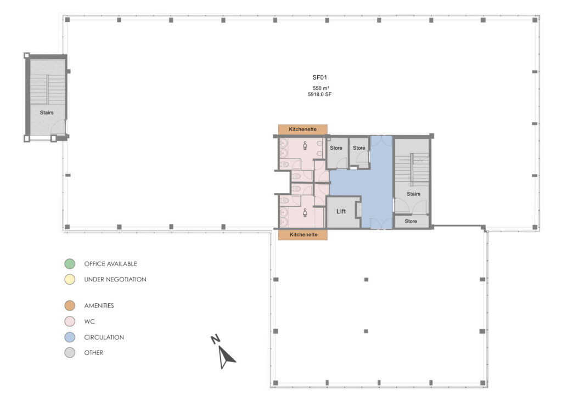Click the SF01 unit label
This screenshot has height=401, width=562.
click(x=320, y=78)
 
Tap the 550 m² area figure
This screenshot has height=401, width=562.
click(x=321, y=88)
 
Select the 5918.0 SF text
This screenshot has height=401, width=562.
click(x=320, y=95)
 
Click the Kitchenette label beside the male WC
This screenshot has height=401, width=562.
click(x=303, y=129)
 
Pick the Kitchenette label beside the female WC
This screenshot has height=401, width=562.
click(x=303, y=234)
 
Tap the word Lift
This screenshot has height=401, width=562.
click(x=341, y=211)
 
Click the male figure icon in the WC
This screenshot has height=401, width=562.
click(x=304, y=146)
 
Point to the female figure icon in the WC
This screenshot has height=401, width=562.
click(x=304, y=212)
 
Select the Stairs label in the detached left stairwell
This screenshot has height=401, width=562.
click(x=47, y=112)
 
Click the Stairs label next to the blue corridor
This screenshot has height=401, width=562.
click(x=413, y=194)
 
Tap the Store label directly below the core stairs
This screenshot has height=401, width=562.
click(x=411, y=222)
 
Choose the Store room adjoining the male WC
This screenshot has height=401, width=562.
click(x=336, y=148)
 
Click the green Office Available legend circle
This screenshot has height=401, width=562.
click(x=69, y=264)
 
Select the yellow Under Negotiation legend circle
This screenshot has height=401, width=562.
click(x=69, y=280)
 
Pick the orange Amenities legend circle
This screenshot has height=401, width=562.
click(x=69, y=306)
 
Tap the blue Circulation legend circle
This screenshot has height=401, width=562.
click(x=69, y=337)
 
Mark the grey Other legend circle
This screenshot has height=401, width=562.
click(x=69, y=353)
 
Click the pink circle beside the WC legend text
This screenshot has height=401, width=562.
click(x=69, y=321)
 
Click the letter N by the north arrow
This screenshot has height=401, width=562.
click(x=216, y=340)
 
